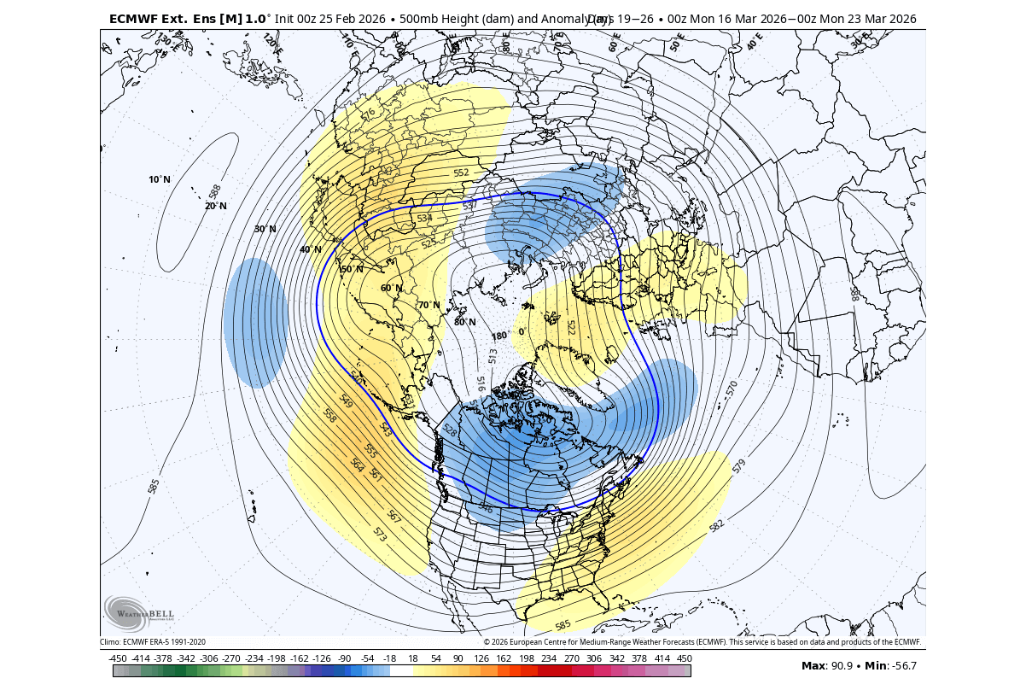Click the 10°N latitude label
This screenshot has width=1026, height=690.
pos(160,179)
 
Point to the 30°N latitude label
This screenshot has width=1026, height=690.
pos(265,229)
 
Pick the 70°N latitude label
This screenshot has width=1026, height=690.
pos(428,305)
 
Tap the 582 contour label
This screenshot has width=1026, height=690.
pos(716,524)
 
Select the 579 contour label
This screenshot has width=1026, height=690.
pos(739,466)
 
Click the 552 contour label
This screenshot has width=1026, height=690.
pos(461,172)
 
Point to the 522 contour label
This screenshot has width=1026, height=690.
pos(571,328)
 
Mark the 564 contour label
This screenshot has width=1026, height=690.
pos(358,465)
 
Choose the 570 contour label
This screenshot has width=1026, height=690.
pos(732,389)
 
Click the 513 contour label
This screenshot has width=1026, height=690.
pos(493,356)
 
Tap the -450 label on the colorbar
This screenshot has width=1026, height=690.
pos(118,658)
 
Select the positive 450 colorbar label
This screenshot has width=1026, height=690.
pos(684,658)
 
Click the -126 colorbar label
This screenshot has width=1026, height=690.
pos(322,658)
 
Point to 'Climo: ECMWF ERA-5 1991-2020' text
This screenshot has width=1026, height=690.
pos(153,642)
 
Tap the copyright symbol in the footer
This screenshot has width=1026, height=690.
pos(487,642)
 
